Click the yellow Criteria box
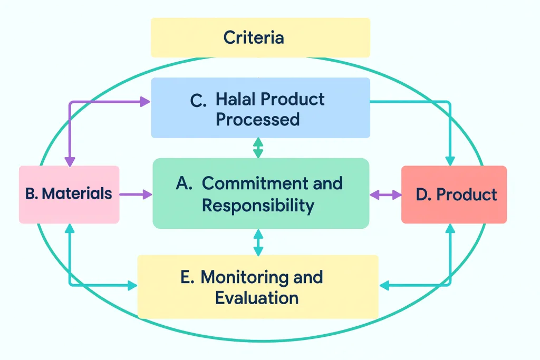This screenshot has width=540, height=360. (261, 37)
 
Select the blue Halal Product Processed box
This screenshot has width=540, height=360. (261, 108)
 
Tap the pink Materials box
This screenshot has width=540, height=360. (69, 194)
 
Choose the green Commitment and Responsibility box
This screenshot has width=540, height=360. (261, 194)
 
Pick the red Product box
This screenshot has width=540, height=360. (454, 194)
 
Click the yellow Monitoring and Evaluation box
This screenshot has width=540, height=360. (258, 287)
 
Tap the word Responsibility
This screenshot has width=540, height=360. (258, 205)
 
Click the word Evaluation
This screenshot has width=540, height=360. (257, 298)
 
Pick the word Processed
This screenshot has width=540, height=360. (257, 119)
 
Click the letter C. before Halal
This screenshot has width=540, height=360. (198, 100)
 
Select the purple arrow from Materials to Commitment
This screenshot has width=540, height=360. (136, 194)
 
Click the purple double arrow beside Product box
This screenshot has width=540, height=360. (385, 194)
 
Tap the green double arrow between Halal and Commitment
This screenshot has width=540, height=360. (258, 148)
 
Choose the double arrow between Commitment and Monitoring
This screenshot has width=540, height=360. (258, 242)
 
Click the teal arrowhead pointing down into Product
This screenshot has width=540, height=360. (450, 161)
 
